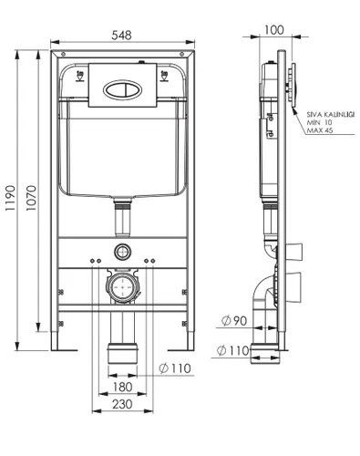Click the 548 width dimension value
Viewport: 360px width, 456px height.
coord(121,36)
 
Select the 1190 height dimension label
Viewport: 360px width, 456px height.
coord(10,198)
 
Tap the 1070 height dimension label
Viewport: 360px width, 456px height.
coord(31,198)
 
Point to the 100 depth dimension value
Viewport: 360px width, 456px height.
coord(274,30)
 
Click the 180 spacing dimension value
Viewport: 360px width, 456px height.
coord(122,387)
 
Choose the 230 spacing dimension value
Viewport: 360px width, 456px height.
coord(122,404)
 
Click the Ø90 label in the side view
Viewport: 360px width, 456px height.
coord(234,321)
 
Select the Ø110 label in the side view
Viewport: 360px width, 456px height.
coord(232,351)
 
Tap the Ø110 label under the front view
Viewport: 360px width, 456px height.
coord(175,368)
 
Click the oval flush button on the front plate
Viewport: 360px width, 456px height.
coord(122,89)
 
